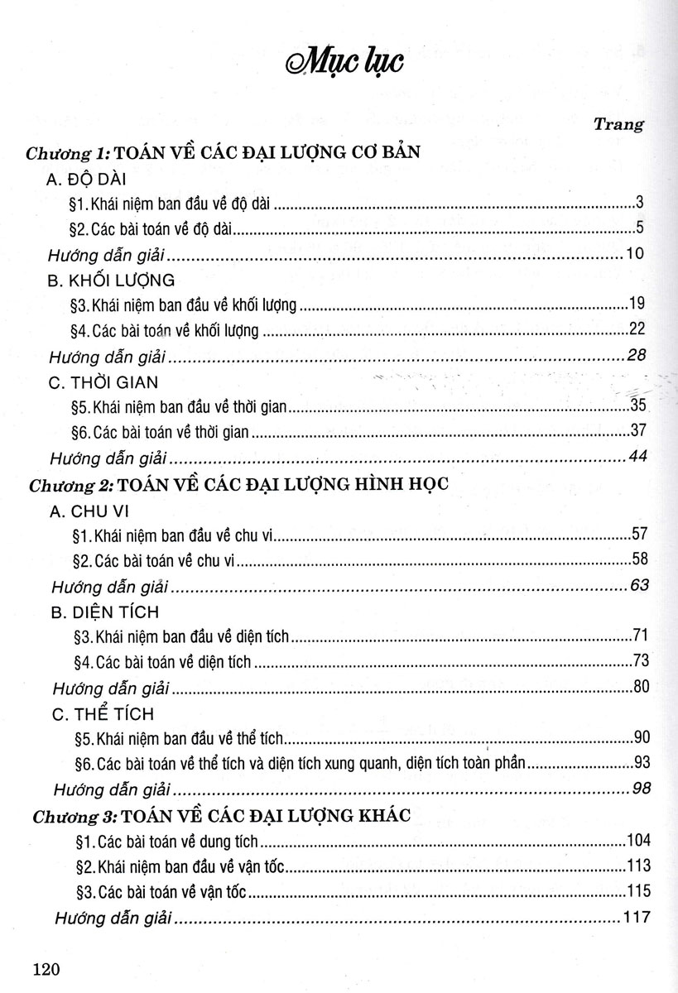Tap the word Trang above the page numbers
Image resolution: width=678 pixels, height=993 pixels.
coord(620,124)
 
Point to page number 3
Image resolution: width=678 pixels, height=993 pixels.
coord(640,201)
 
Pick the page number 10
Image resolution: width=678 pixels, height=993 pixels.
coord(635,252)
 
